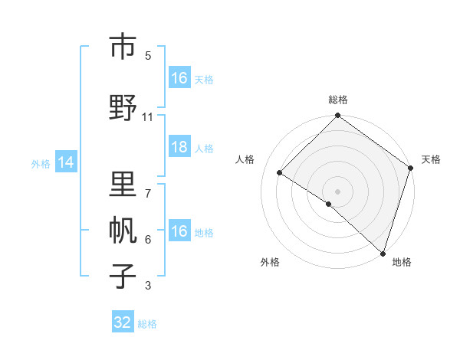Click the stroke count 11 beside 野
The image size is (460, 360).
pyautogui.click(x=147, y=116)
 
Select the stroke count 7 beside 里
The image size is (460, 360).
pyautogui.click(x=147, y=186)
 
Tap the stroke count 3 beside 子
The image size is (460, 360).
pyautogui.click(x=147, y=286)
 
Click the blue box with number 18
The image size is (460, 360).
pyautogui.click(x=179, y=148)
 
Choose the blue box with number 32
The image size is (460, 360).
pyautogui.click(x=123, y=322)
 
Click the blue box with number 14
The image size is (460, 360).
pyautogui.click(x=65, y=162)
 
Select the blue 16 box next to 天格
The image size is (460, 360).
pyautogui.click(x=179, y=78)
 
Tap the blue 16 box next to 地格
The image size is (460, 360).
pyautogui.click(x=179, y=231)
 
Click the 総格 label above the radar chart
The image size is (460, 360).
pyautogui.click(x=337, y=100)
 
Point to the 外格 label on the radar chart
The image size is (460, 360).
pyautogui.click(x=270, y=262)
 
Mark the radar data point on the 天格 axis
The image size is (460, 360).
pyautogui.click(x=411, y=169)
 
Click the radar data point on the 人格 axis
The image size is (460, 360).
pyautogui.click(x=280, y=173)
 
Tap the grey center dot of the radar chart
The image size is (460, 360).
pyautogui.click(x=337, y=191)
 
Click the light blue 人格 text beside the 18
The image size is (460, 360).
pyautogui.click(x=204, y=149)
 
